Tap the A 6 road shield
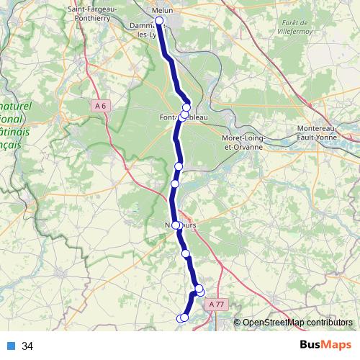(101, 106)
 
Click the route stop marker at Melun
(159, 20)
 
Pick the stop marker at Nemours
(176, 225)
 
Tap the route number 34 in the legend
(27, 346)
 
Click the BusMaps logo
(325, 346)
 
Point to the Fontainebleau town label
(183, 117)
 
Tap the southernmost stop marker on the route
(180, 318)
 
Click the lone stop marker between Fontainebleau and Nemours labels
(179, 166)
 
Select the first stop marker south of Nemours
(186, 253)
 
